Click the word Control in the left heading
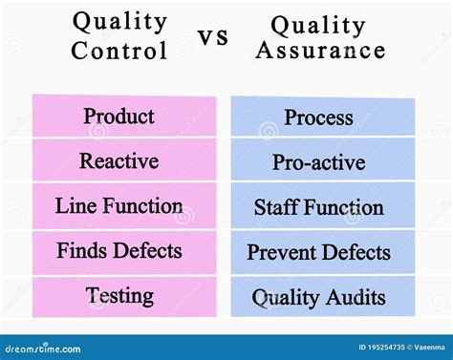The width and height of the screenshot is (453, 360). click(x=119, y=49)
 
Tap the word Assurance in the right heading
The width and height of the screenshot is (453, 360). click(x=319, y=50)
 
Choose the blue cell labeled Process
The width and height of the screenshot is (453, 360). click(x=318, y=117)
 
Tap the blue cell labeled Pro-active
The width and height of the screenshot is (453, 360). click(x=318, y=162)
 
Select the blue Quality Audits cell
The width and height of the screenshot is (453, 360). click(x=318, y=297)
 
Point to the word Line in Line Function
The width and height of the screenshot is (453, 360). click(x=73, y=205)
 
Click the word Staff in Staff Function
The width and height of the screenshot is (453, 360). click(x=277, y=207)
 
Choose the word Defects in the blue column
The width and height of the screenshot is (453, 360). click(x=355, y=252)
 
